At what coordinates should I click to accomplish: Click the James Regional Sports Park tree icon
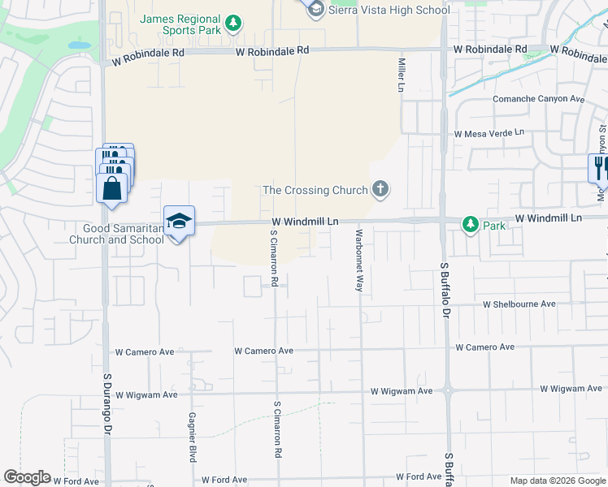click(233, 23)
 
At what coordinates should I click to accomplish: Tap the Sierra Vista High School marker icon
click(315, 9)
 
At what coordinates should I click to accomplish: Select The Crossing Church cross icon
click(380, 191)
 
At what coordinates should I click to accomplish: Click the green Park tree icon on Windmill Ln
click(470, 224)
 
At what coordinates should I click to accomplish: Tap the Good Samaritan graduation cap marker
click(179, 221)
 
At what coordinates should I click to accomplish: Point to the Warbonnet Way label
click(358, 260)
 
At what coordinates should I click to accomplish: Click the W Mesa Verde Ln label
click(489, 133)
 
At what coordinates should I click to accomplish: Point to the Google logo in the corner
click(27, 477)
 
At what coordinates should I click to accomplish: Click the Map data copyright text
click(558, 481)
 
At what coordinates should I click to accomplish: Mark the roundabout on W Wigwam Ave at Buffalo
click(447, 390)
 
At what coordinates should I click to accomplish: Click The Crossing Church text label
click(315, 191)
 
